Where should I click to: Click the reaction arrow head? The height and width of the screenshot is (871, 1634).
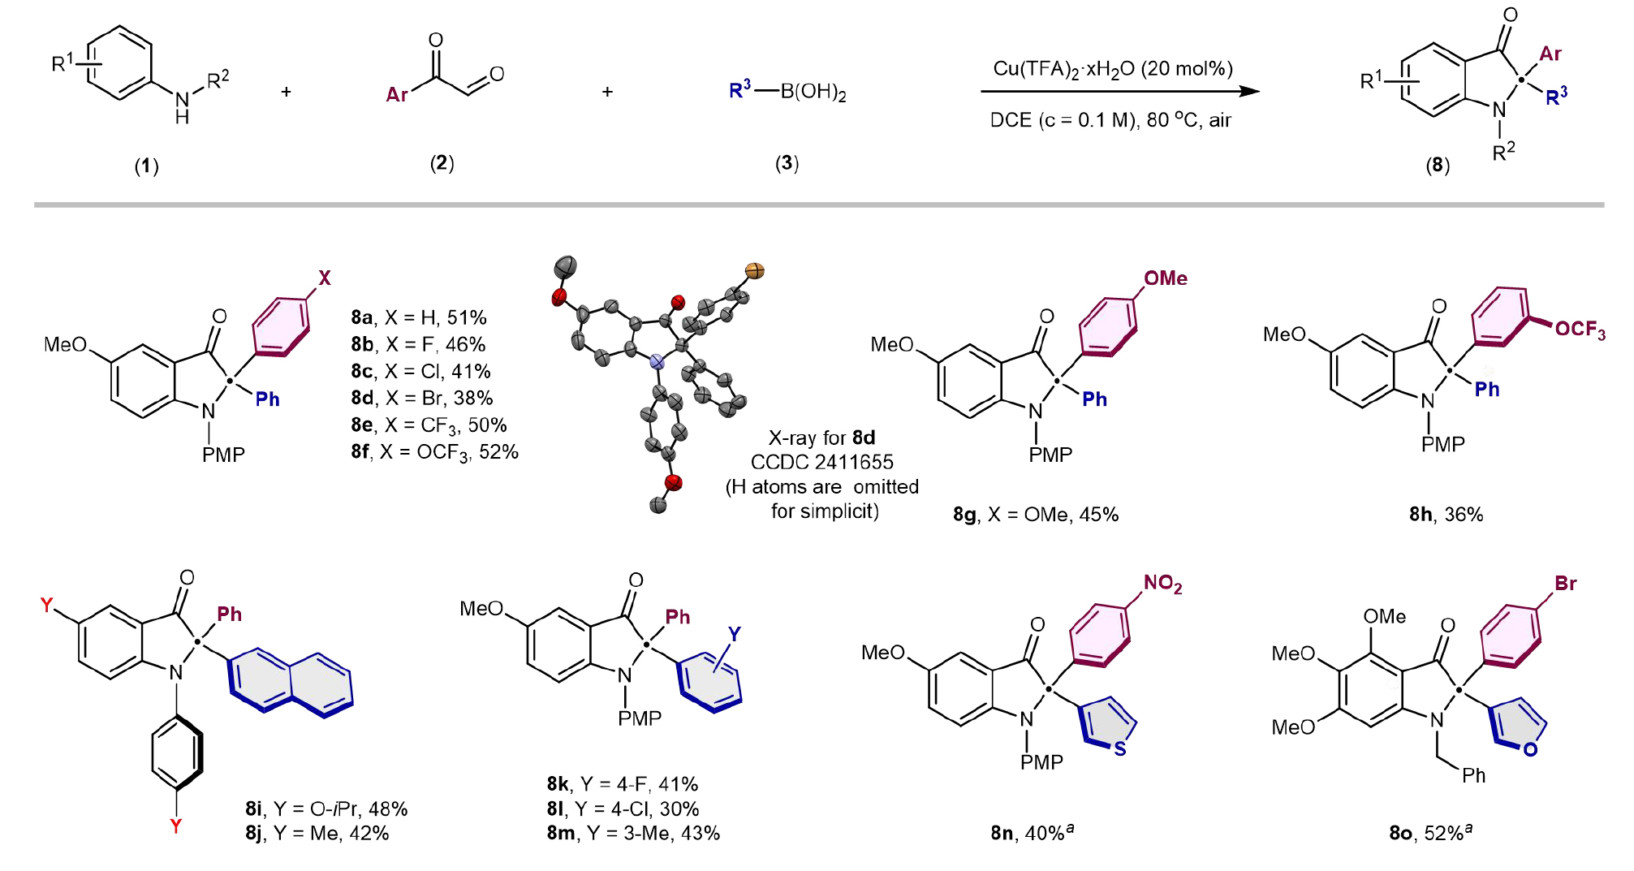tap(1250, 91)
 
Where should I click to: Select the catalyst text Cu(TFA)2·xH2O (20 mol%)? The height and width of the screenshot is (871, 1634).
tap(1113, 69)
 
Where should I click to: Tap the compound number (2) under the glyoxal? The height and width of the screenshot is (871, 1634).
tap(442, 163)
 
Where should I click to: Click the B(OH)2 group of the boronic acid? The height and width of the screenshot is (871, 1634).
tap(813, 92)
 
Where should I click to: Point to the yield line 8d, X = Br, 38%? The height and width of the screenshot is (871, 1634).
tap(422, 398)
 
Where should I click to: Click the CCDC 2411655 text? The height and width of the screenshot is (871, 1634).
tap(821, 462)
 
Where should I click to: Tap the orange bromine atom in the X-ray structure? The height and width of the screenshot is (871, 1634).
tap(755, 271)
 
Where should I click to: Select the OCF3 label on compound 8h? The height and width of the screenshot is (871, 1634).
tap(1580, 330)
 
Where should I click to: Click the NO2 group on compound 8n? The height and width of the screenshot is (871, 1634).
tap(1162, 584)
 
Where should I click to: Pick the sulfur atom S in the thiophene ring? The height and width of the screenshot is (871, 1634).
tap(1120, 748)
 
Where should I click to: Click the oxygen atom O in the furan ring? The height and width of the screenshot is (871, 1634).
tap(1530, 749)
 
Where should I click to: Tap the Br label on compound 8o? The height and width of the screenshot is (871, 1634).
tap(1565, 584)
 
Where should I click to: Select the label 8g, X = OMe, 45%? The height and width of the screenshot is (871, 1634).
tap(1036, 515)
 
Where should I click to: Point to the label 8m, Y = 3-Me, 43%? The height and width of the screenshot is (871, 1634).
tap(633, 833)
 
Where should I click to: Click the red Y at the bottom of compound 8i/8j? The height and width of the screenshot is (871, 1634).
tap(175, 826)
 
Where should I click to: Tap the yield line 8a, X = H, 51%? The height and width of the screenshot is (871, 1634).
tap(419, 317)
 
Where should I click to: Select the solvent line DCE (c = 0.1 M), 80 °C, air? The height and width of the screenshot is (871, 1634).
tap(1110, 121)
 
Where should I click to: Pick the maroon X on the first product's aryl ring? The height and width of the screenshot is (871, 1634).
tap(325, 278)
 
